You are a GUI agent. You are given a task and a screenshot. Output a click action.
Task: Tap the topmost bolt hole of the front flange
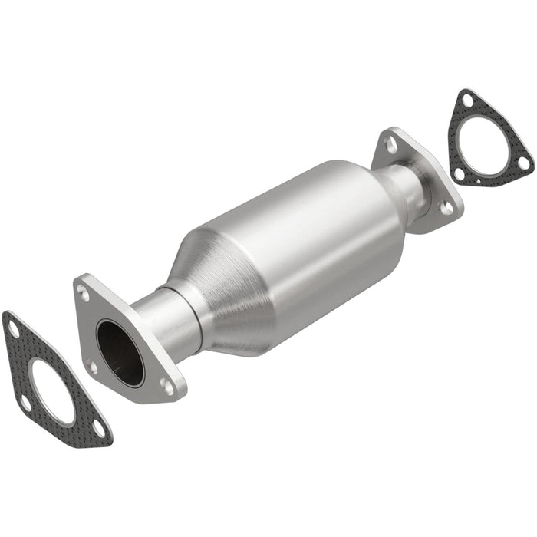click(84, 292)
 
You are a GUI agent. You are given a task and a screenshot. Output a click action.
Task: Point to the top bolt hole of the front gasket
click(13, 330)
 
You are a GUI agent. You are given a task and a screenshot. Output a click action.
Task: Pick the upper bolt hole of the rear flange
click(391, 143)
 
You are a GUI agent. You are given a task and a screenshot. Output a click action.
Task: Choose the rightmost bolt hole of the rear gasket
click(522, 163)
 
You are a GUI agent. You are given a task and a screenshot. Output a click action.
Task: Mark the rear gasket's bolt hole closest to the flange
click(459, 173)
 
